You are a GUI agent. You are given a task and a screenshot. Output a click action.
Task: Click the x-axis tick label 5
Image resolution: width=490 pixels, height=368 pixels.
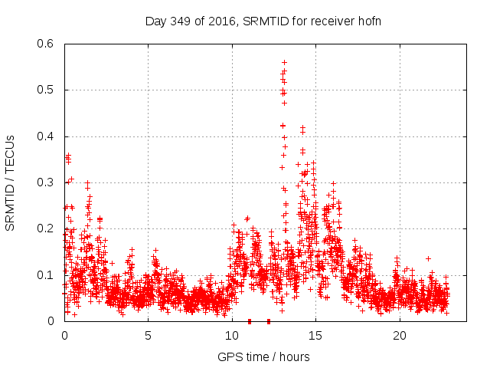(148, 336)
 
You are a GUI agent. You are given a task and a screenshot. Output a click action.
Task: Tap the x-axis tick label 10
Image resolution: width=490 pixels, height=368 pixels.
(232, 336)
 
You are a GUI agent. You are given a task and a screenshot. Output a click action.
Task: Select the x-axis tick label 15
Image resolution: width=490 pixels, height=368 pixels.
(315, 336)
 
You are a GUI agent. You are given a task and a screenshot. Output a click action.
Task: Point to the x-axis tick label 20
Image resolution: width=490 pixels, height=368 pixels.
(400, 336)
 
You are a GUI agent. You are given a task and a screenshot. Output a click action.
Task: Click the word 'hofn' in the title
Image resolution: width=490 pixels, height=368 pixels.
(369, 21)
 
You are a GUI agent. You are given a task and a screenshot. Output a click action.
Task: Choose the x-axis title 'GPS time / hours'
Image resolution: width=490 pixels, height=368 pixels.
(263, 356)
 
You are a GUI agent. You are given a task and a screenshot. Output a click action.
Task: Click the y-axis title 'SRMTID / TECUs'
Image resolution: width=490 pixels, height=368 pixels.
(11, 182)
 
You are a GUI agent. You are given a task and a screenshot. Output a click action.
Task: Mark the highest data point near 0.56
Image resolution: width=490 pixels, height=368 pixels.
(284, 62)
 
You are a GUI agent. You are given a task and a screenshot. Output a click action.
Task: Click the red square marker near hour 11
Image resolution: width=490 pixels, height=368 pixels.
(250, 321)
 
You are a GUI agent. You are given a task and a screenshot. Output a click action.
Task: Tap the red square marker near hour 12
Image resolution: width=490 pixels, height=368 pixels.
(269, 321)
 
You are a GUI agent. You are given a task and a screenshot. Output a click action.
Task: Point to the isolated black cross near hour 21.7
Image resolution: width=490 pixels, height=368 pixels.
(428, 258)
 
